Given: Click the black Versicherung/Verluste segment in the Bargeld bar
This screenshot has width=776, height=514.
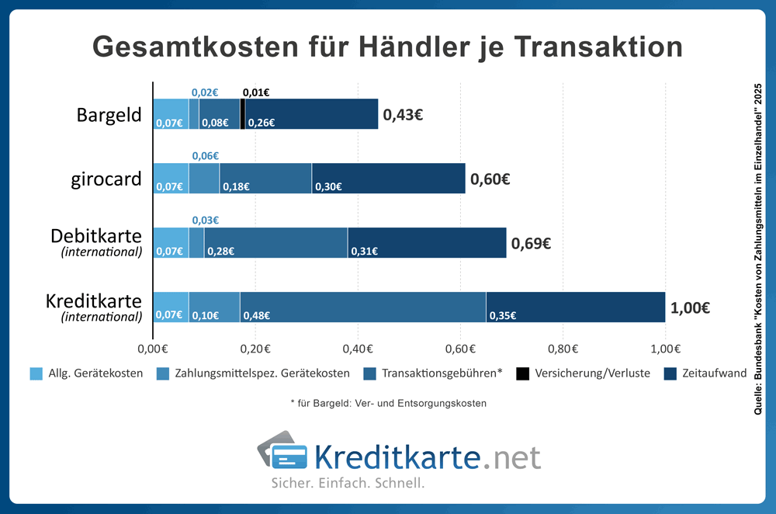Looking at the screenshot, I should coord(243,114).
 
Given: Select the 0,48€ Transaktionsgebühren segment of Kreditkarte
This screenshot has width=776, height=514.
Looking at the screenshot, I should coord(362,307).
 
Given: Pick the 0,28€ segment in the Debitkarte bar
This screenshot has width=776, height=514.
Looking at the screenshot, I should coord(275,242).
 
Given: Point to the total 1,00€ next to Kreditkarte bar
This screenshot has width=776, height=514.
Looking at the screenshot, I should coord(691,307).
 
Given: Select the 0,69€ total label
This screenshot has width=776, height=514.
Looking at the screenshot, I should coord(531,243).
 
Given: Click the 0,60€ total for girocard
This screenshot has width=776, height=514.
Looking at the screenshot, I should coord(489,179).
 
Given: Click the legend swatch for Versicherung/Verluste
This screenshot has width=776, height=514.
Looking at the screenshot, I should coord(523,373).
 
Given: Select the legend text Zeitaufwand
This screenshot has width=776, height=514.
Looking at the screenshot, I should coord(715,373).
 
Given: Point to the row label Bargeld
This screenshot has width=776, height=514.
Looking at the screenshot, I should coord(109,115).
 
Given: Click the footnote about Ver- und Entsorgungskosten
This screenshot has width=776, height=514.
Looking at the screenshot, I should coord(388,404).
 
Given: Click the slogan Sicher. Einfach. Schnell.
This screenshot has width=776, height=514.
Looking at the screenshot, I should coord(347,483).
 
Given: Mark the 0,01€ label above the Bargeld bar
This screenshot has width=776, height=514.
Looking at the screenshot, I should coord(256,92).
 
